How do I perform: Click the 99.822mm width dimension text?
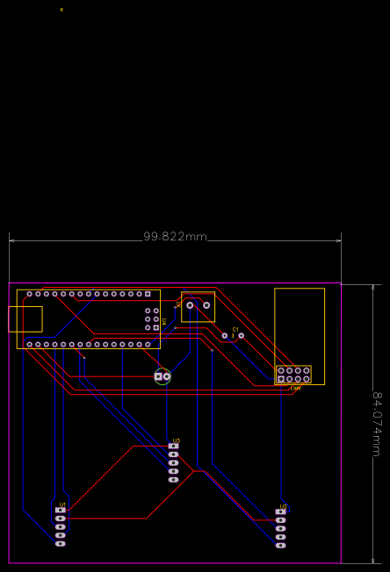click(x=175, y=237)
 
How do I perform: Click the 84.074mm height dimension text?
click(x=379, y=424)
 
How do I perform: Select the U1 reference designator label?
click(x=61, y=504)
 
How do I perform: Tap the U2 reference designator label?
click(x=283, y=506)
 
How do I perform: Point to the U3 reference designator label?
click(x=177, y=440)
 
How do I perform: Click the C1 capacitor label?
click(x=235, y=328)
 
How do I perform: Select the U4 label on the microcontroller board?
click(x=163, y=322)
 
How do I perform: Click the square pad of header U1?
click(x=61, y=510)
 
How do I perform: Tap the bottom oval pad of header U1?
click(x=61, y=543)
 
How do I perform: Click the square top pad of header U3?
click(x=173, y=447)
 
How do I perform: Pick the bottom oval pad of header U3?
click(x=173, y=480)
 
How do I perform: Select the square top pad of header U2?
click(x=281, y=511)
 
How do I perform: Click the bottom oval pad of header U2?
click(x=281, y=545)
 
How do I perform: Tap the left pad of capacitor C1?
click(x=225, y=335)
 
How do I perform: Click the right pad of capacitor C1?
click(x=242, y=335)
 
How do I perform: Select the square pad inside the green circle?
click(x=158, y=377)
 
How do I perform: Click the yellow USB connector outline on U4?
click(x=25, y=318)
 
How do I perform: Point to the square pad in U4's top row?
click(x=148, y=294)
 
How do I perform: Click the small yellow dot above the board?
click(x=61, y=10)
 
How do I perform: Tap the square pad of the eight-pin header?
click(x=280, y=379)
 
